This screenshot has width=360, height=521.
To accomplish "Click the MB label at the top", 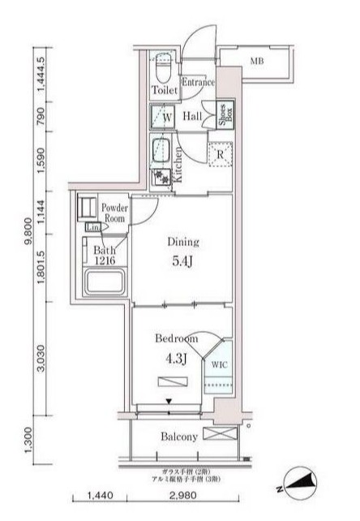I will tap(256, 61).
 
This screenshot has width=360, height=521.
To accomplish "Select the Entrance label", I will tap(197, 81).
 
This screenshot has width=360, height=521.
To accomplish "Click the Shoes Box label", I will tap(219, 115).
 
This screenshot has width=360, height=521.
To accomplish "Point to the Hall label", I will tap(192, 116).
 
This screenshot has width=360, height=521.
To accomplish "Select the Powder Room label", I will tap(113, 213).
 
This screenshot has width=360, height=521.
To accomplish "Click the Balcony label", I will tap(179, 437).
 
